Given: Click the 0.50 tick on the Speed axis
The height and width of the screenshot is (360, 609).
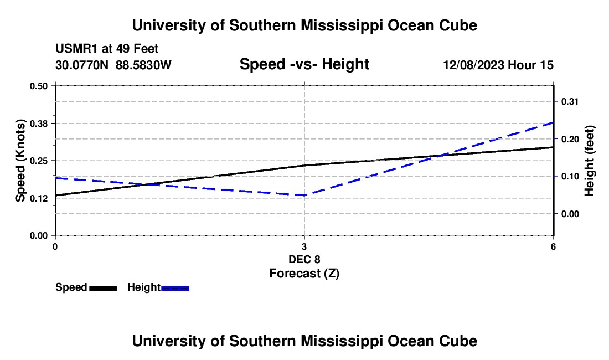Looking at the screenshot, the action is [x=38, y=86].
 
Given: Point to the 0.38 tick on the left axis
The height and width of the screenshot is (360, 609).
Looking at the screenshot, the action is [x=38, y=124].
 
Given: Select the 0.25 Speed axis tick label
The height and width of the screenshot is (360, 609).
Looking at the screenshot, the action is [x=38, y=161].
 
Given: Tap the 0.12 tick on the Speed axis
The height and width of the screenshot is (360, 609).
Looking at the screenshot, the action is [x=38, y=198].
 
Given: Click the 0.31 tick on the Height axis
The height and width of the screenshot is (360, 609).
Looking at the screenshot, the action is [x=570, y=102].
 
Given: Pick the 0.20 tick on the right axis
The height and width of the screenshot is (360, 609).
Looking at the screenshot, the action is [x=570, y=139].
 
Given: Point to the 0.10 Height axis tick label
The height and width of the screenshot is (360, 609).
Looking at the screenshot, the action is [x=570, y=176].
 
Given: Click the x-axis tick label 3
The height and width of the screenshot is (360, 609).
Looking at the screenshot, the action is [x=304, y=246].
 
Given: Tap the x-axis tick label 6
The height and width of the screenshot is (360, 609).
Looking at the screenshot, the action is [x=553, y=246].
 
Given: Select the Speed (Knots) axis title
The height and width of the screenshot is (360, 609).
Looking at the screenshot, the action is [x=20, y=161].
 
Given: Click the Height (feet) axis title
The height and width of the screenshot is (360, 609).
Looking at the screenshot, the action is [x=589, y=161].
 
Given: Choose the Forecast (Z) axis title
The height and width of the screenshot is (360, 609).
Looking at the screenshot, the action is [x=304, y=274].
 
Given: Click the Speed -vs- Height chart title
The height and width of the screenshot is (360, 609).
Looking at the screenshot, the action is [x=304, y=64].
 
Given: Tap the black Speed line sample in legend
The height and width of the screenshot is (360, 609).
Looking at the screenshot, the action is [x=104, y=288].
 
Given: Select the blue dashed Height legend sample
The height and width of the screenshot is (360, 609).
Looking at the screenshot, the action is [x=175, y=288].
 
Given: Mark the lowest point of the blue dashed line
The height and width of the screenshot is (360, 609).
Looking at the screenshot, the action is [x=304, y=196].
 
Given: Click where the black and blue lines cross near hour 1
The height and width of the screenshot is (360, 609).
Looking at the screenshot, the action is [x=145, y=184].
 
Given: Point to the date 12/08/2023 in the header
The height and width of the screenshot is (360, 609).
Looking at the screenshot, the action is [x=473, y=65].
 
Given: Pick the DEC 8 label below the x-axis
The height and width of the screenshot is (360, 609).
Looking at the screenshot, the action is [x=304, y=259].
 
